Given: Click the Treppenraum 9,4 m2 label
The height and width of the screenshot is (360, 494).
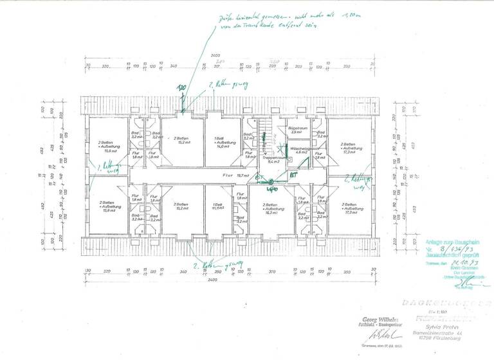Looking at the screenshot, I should [x=273, y=159].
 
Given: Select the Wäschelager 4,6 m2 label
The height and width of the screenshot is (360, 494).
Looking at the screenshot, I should [x=298, y=150].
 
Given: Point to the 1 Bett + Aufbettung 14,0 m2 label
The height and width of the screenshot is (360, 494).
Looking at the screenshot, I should [x=223, y=143].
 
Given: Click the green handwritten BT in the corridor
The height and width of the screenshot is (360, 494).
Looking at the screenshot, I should [x=292, y=175].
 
